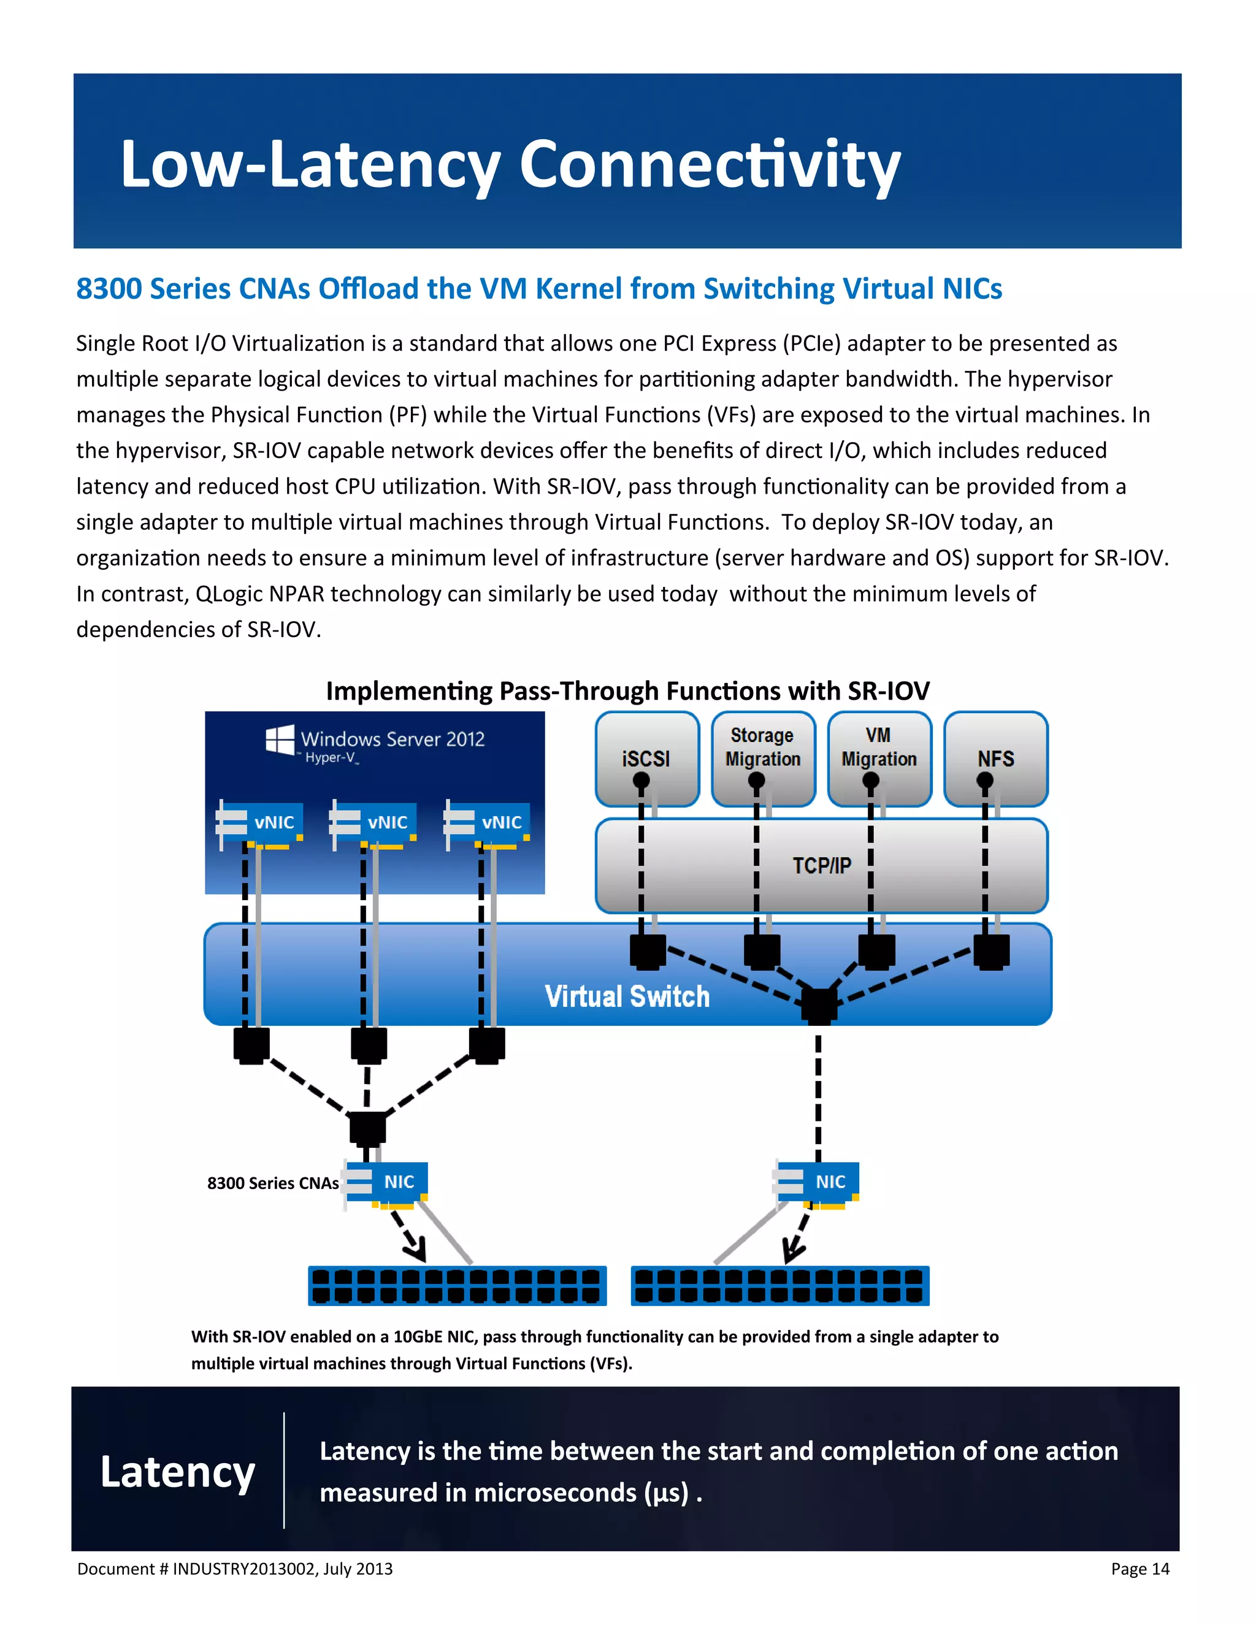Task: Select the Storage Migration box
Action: (x=763, y=747)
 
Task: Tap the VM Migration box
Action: (x=879, y=747)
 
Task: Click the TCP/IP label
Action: (x=821, y=865)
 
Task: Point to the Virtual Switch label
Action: (x=627, y=996)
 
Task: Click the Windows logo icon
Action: (x=280, y=740)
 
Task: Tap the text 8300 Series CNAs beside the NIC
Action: (x=272, y=1183)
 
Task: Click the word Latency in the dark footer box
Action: (x=178, y=1472)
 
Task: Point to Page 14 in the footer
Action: (x=1139, y=1569)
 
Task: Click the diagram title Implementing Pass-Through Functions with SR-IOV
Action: (x=627, y=691)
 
